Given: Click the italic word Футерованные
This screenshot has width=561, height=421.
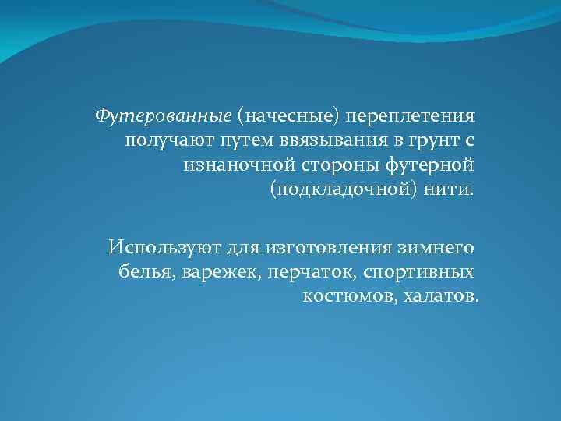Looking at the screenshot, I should click(164, 116).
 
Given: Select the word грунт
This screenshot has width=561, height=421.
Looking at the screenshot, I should click(420, 140).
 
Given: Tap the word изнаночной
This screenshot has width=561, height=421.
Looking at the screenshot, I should click(233, 165).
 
